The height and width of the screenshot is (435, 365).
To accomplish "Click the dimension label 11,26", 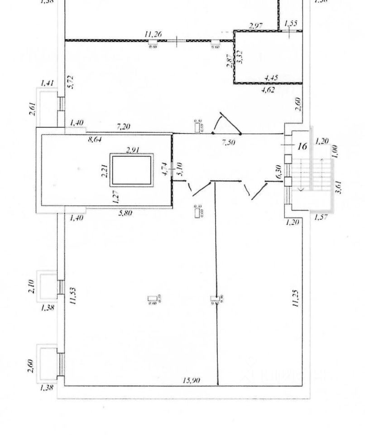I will point(153,34).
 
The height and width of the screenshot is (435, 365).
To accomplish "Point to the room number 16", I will point(303,146).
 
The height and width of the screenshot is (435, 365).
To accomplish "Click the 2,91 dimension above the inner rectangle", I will point(133,150).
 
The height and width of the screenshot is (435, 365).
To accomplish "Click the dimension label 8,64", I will point(94,140).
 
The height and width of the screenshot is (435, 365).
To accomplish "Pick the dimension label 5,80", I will point(125,213).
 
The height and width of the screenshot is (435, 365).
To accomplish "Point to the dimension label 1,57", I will point(321,218).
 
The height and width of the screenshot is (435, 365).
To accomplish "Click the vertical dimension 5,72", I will point(70,82).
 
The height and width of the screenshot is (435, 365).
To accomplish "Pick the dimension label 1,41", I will point(47,83).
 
